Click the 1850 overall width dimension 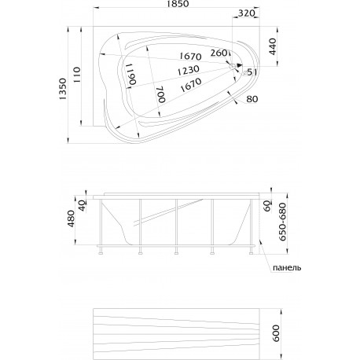[x=177, y=4]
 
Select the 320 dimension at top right [x=247, y=13]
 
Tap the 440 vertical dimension [x=273, y=46]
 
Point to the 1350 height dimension [x=63, y=89]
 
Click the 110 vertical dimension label [x=77, y=75]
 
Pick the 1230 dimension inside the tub [x=188, y=70]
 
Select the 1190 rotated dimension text [x=130, y=74]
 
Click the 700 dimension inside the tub [x=161, y=94]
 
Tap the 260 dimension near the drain [x=219, y=53]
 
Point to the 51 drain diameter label [x=249, y=72]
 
